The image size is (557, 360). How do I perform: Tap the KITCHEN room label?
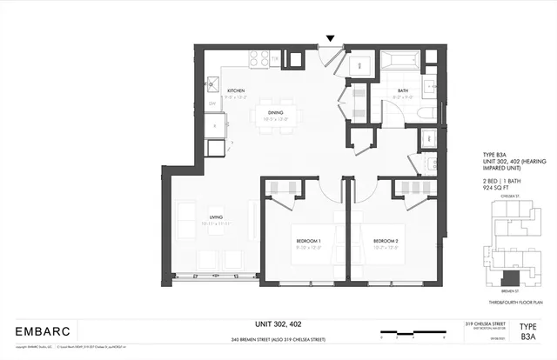[236, 90]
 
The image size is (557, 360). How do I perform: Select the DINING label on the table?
[276, 112]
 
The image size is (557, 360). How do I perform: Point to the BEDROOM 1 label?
[307, 240]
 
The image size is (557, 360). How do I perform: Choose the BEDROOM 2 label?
[386, 240]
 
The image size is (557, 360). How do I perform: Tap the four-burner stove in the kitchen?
[259, 58]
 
